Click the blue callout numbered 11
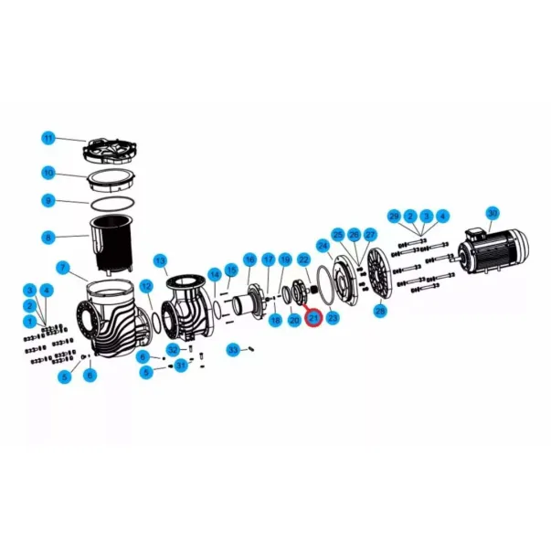point(48,138)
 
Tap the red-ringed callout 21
point(313,318)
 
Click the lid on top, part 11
point(113,150)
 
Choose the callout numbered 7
point(63,268)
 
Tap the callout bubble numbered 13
point(160,260)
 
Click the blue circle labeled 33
point(233,350)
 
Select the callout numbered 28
point(380,312)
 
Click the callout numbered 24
point(323,246)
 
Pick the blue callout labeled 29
point(394,216)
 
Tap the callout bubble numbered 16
point(249,260)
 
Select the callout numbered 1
point(30,322)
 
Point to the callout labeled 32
point(173,350)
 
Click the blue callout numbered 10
point(48,172)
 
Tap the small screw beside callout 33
point(249,348)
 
